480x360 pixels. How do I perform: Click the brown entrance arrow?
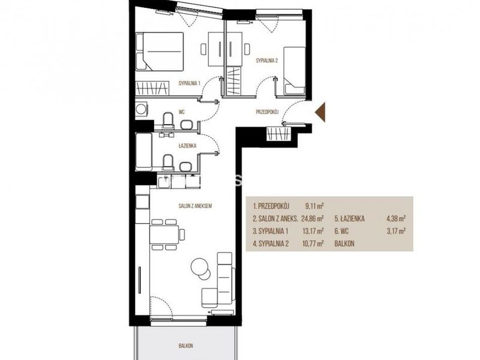pos(320,112)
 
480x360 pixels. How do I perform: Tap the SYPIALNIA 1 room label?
pos(190,83)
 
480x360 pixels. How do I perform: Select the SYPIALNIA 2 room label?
pos(266,61)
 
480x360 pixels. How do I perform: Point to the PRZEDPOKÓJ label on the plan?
pos(266,112)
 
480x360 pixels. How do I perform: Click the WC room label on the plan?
pos(182,112)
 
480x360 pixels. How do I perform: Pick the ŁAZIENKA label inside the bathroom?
pos(188,146)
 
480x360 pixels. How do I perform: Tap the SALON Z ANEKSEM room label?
pos(196,206)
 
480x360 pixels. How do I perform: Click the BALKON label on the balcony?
pos(186,346)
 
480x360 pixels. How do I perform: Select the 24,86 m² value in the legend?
pos(313,218)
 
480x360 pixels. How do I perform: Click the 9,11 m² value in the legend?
pos(314,206)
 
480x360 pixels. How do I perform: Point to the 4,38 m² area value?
pos(397,218)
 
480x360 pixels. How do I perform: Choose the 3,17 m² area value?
pos(397,231)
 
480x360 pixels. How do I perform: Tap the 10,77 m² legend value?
pos(313,244)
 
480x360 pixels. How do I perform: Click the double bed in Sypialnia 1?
pos(160,52)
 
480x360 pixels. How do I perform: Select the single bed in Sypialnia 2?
pos(294,70)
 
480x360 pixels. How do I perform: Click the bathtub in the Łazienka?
pos(144,152)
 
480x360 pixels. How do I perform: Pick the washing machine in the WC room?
pos(142,109)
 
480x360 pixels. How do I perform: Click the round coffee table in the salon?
pos(200,266)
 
